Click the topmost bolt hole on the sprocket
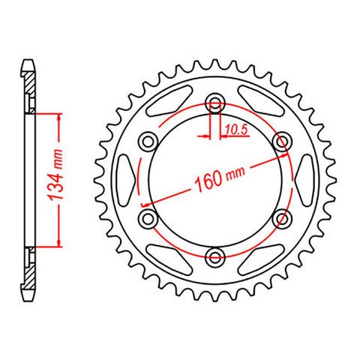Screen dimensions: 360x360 216,103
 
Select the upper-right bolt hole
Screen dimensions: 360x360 283,141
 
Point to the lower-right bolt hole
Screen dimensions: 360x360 283,218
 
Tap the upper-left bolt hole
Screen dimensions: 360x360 148,141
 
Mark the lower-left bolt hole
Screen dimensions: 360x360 148,218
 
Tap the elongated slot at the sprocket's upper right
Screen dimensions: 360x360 259,105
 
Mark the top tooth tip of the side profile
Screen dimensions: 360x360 28,61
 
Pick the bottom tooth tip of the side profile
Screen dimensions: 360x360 28,298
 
